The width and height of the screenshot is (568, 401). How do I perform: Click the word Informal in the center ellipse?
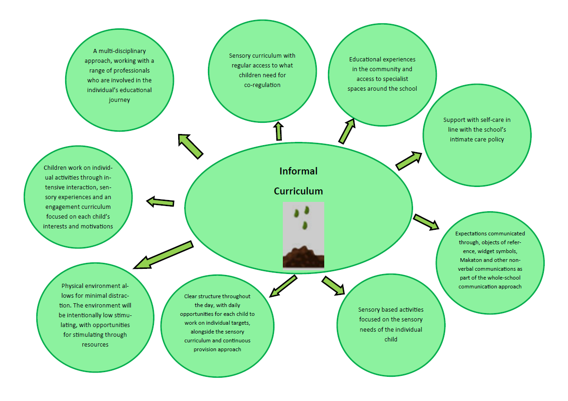point(298,171)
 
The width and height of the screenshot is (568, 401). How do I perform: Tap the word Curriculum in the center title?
point(298,191)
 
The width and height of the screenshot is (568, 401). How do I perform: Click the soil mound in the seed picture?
point(303,257)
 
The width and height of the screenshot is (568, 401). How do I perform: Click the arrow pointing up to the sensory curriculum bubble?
point(279,131)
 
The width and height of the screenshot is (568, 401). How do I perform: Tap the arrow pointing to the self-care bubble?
point(408,160)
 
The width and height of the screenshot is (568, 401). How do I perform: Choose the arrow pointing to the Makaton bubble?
point(426,222)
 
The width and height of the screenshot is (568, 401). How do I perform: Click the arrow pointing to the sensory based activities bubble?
point(334,285)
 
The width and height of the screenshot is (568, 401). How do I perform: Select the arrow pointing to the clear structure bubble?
point(283,286)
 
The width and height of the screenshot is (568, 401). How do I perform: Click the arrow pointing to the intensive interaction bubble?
point(160,202)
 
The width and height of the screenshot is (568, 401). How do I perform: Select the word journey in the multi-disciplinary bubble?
point(119,100)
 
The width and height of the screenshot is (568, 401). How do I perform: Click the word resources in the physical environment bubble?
point(95,345)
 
